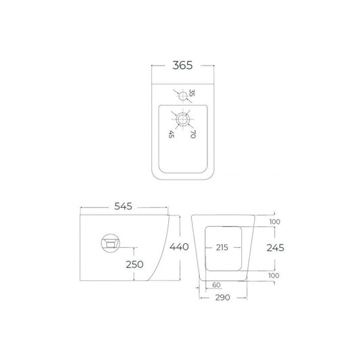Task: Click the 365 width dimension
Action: coord(182,66)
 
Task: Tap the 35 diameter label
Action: coord(192,93)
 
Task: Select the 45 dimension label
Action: coord(172,134)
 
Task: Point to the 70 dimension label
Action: coord(193,134)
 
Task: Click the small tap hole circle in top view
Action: coord(183,96)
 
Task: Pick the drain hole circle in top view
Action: coord(183,119)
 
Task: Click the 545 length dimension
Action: coord(124,206)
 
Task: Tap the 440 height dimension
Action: coord(179,247)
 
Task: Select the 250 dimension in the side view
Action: coord(134,265)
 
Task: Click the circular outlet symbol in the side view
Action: coord(111,243)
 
